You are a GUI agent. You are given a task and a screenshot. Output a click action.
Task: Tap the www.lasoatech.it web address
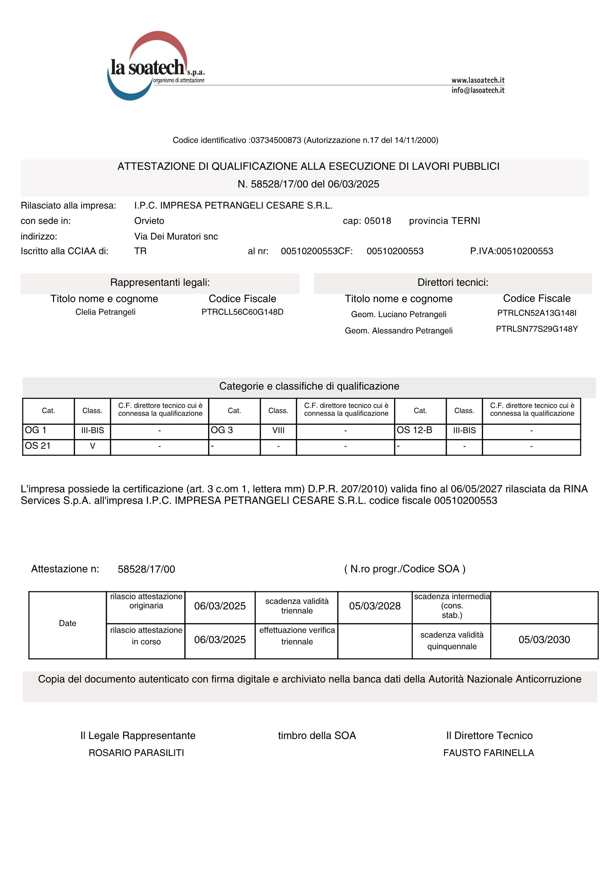(x=478, y=80)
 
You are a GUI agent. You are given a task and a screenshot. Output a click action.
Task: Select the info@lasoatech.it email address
(x=478, y=90)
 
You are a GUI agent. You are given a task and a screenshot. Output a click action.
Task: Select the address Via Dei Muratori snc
(x=176, y=236)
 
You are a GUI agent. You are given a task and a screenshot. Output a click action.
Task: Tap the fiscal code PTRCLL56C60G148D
(x=242, y=312)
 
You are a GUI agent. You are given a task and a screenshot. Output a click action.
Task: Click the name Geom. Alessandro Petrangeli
(x=398, y=330)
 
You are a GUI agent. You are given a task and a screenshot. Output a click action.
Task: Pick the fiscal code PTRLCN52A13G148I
(x=536, y=313)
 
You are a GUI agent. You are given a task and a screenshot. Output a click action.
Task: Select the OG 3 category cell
(x=234, y=430)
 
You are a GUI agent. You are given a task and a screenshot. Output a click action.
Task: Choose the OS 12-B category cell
(x=420, y=430)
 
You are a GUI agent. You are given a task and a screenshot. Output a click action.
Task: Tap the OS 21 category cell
(x=48, y=446)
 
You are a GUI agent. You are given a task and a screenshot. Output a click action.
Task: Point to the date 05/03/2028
(x=375, y=606)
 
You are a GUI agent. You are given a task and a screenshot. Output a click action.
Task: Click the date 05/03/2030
(x=544, y=640)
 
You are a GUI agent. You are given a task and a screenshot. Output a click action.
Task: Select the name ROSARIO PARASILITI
(x=136, y=753)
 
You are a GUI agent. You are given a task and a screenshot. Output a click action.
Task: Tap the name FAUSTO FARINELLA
(x=488, y=753)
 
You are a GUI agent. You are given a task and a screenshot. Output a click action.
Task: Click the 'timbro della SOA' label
(x=317, y=736)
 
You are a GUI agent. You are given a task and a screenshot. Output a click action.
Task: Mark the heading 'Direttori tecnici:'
(x=453, y=282)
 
